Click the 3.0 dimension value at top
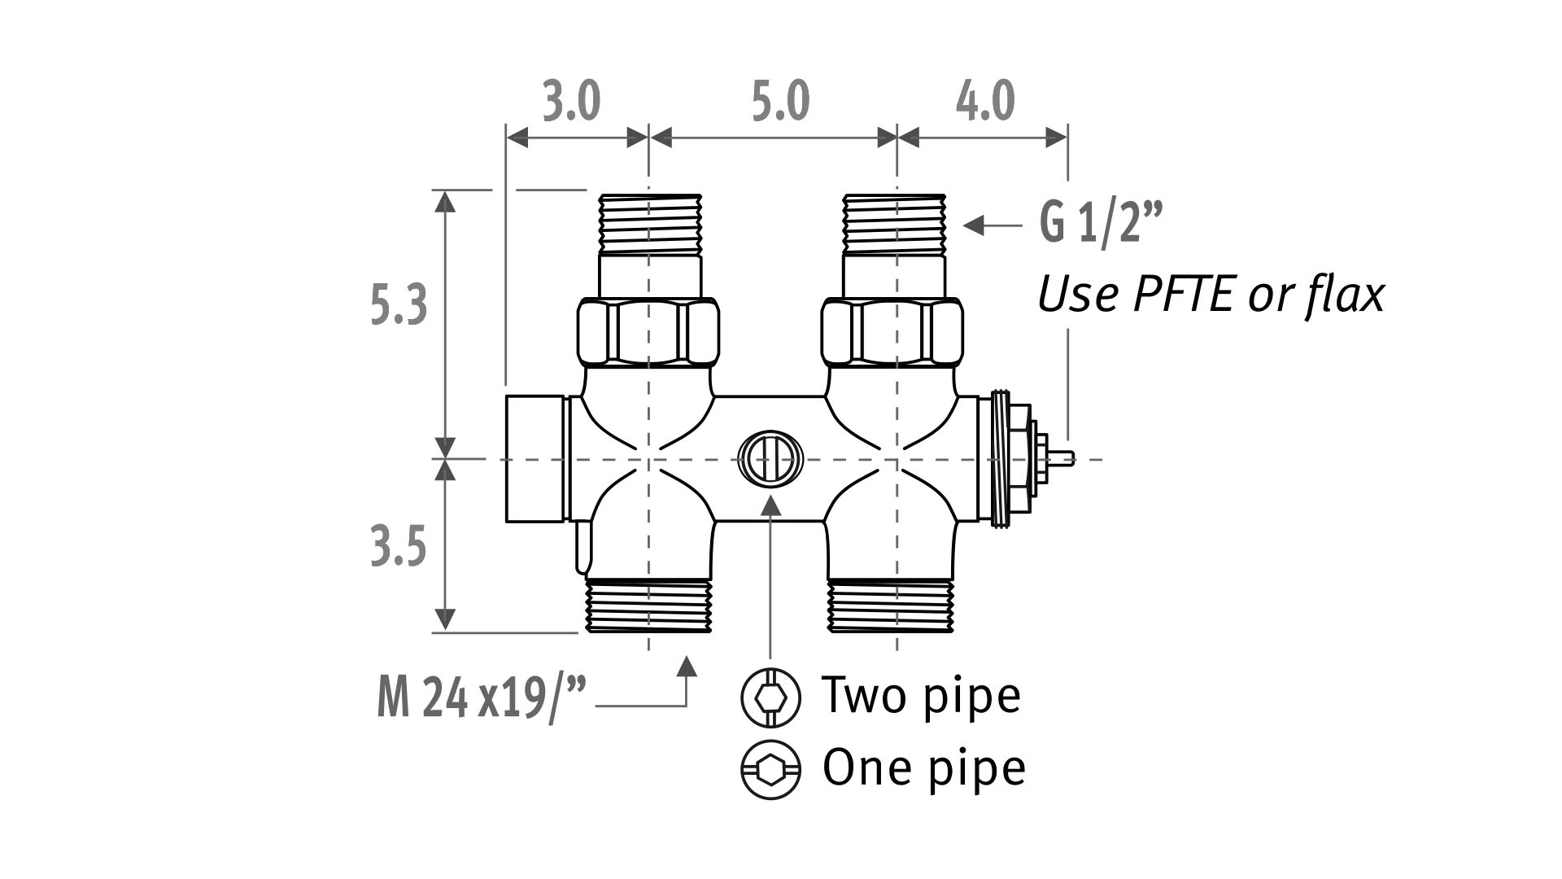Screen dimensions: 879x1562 tap(572, 103)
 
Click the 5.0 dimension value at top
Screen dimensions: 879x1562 tap(780, 103)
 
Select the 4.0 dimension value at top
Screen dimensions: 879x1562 tap(984, 103)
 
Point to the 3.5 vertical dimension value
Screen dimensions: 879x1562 tap(399, 546)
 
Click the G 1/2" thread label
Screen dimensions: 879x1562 tap(1101, 221)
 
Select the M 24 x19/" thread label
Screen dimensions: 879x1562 tap(481, 698)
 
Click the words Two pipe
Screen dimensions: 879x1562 tap(921, 695)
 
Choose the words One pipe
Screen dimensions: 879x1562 tap(923, 767)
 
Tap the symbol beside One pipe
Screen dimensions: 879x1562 tap(770, 769)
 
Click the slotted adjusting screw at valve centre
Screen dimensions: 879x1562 tap(770, 459)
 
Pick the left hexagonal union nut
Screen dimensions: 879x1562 tap(648, 332)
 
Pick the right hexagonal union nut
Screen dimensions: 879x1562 tap(892, 332)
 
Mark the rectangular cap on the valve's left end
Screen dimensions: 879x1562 tap(535, 458)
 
